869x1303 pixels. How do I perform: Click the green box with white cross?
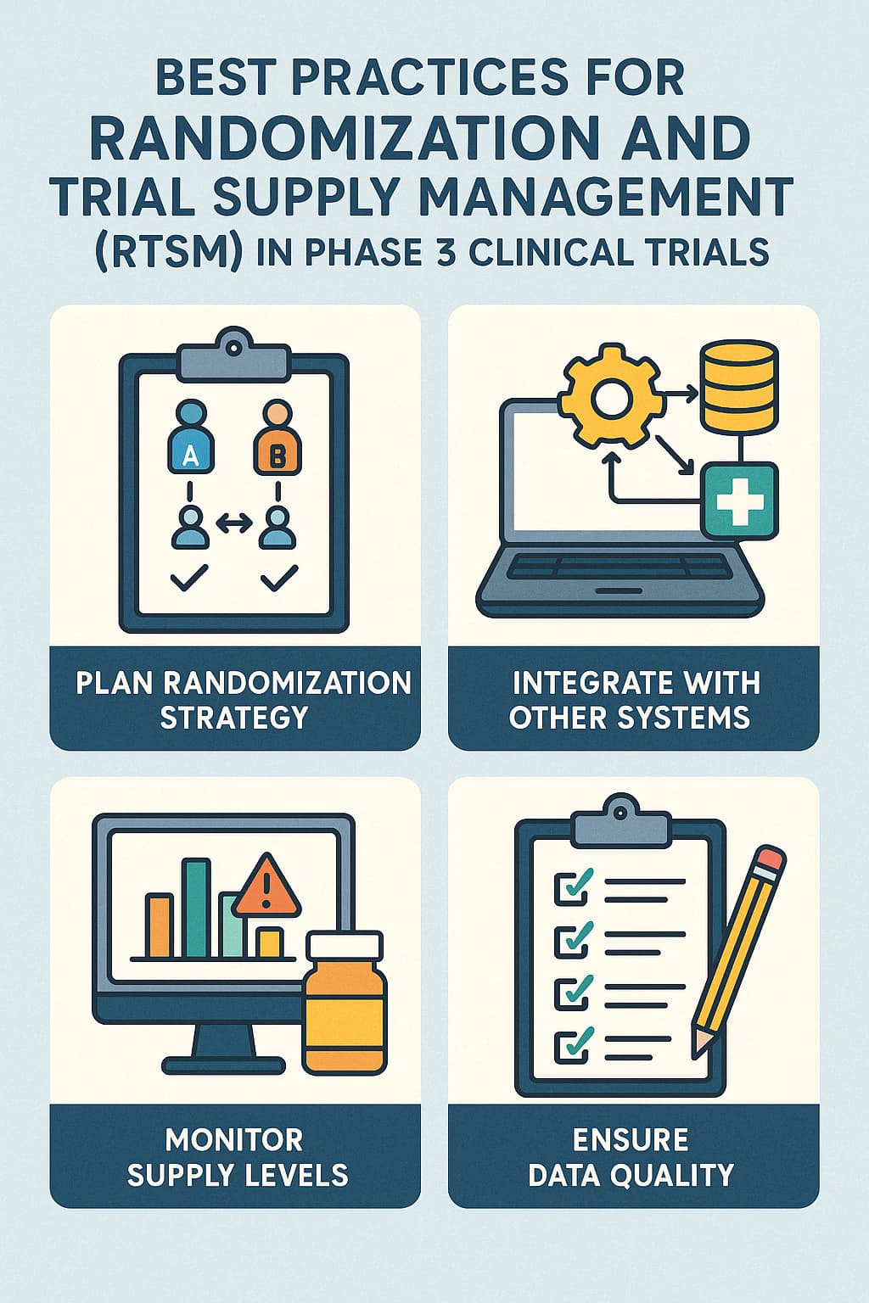click(738, 500)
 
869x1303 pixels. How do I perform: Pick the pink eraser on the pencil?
click(770, 858)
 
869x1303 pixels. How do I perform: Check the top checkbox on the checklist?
click(571, 886)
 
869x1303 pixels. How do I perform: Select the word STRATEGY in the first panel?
click(234, 718)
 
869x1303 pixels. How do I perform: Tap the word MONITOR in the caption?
click(234, 1138)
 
